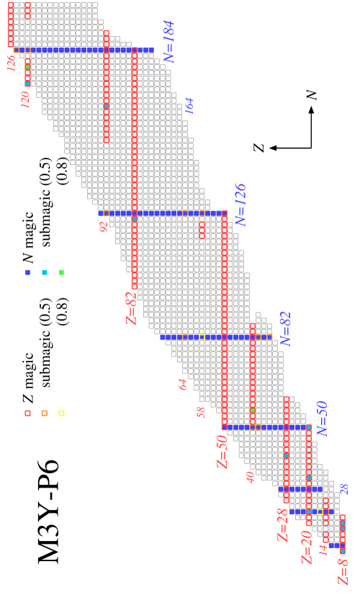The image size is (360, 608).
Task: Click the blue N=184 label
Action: [x=168, y=42]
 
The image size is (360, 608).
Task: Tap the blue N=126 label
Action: [x=240, y=205]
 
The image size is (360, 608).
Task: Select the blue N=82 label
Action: [x=285, y=328]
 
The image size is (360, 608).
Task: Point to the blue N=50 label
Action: [x=321, y=419]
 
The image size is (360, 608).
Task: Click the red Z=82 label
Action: [x=130, y=308]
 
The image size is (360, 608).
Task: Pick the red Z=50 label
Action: [x=222, y=452]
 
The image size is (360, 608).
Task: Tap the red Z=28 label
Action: [x=282, y=524]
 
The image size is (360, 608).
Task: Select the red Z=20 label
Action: [x=307, y=547]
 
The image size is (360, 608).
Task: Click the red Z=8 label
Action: [x=343, y=572]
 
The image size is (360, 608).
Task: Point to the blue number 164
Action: [x=189, y=107]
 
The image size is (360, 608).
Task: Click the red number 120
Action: [x=25, y=100]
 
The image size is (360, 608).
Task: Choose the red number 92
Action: [x=104, y=227]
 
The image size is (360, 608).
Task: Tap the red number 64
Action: [x=183, y=385]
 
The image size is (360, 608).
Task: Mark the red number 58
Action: [x=201, y=412]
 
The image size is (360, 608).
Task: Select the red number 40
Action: [x=250, y=477]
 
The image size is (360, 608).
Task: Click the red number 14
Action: [x=323, y=550]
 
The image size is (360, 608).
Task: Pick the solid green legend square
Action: [x=61, y=272]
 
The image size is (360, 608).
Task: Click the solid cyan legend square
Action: [x=45, y=272]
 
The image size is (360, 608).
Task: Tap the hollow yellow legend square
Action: [x=61, y=413]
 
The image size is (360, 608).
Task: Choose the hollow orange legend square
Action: [x=45, y=413]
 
